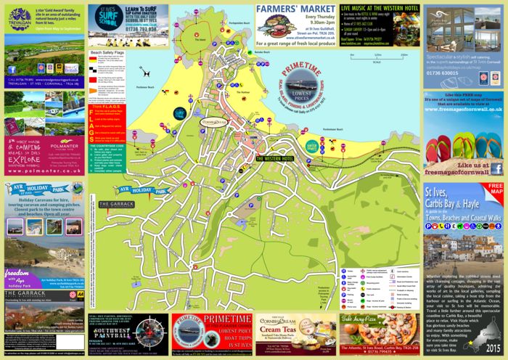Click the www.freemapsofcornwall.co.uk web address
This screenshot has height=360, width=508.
click(464, 130)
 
